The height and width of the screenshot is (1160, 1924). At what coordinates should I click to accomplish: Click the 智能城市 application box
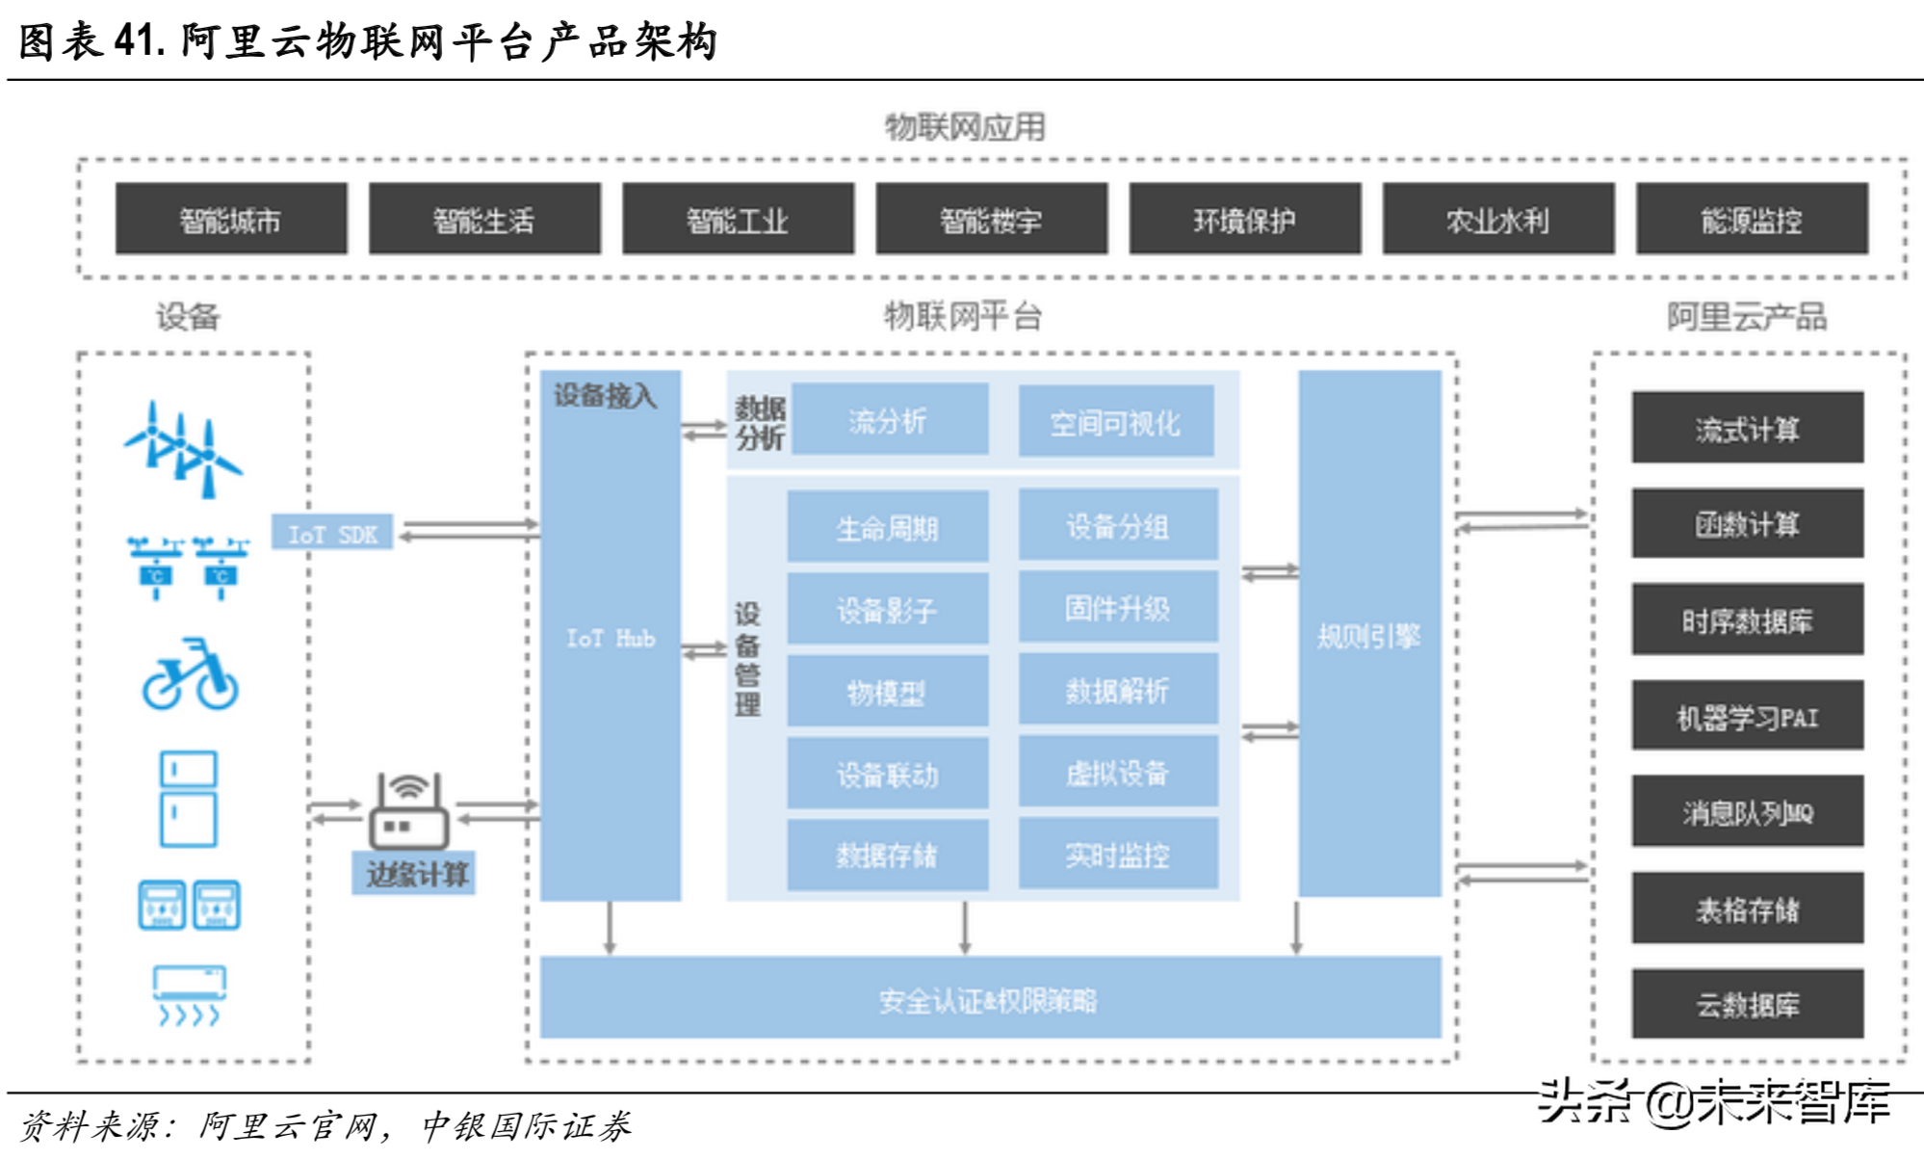click(231, 220)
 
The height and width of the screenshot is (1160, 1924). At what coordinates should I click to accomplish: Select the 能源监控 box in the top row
click(1752, 220)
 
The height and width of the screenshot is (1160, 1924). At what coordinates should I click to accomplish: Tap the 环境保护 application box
click(1244, 220)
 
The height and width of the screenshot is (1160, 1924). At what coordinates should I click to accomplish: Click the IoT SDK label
click(332, 533)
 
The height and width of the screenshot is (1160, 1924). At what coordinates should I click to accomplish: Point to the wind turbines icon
click(184, 450)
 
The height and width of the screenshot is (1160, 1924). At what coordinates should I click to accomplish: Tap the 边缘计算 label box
click(414, 874)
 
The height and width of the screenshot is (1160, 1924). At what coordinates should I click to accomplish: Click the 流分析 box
click(888, 420)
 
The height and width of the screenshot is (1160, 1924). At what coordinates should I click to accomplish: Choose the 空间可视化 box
click(1115, 422)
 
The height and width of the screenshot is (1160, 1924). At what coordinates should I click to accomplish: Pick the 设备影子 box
click(887, 609)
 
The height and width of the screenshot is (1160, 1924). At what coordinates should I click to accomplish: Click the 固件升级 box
click(1117, 607)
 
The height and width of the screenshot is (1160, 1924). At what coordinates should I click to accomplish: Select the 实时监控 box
click(1117, 854)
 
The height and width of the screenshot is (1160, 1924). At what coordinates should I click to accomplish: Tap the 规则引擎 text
click(1368, 636)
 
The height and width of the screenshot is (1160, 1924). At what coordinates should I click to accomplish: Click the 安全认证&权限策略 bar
click(989, 999)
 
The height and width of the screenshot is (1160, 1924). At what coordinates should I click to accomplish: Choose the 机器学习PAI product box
click(1747, 716)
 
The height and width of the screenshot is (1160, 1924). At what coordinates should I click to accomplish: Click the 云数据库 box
click(1747, 1004)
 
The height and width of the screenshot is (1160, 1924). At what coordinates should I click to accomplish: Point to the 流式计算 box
click(1747, 428)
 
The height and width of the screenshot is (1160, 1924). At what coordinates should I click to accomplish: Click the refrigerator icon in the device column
click(188, 799)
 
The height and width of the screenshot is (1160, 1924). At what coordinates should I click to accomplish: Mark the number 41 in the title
click(134, 40)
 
